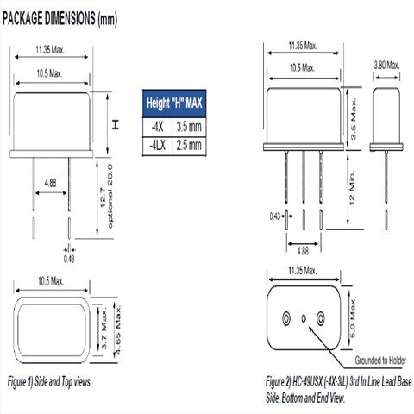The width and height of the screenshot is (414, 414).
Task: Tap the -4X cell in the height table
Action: [155, 126]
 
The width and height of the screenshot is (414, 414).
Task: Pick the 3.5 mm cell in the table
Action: [189, 126]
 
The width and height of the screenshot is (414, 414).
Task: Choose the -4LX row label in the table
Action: [155, 146]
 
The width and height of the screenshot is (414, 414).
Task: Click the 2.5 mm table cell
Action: [189, 146]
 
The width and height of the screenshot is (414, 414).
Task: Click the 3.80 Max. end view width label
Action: [387, 64]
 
